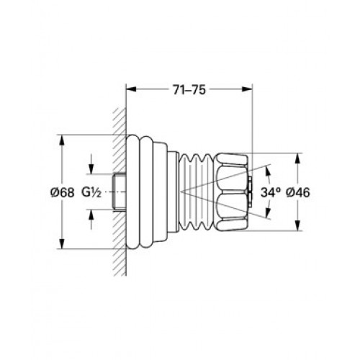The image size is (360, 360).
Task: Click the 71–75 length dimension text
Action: pos(189,90)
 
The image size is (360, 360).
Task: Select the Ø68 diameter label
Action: pos(63,192)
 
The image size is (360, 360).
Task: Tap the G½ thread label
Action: pos(91,192)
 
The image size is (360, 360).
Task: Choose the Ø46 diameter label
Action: pos(298,192)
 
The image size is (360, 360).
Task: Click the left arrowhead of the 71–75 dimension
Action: pos(131,89)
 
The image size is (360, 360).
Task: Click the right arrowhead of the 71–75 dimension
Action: pos(247,89)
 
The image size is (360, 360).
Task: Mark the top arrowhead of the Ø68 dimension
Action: pos(62,140)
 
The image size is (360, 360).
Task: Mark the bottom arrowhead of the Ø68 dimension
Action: pos(62,244)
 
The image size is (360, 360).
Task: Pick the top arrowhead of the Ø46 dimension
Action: pos(297,158)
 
